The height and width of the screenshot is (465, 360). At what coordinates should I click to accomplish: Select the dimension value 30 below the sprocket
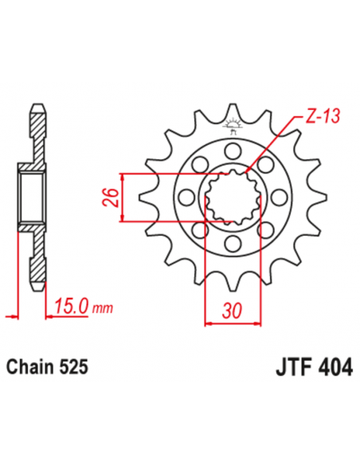pos(232,311)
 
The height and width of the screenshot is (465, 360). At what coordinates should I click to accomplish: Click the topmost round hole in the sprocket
pos(233,150)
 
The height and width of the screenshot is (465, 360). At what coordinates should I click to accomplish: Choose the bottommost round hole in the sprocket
pos(233,244)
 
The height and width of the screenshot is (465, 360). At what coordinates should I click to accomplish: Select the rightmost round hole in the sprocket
pos(280,197)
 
